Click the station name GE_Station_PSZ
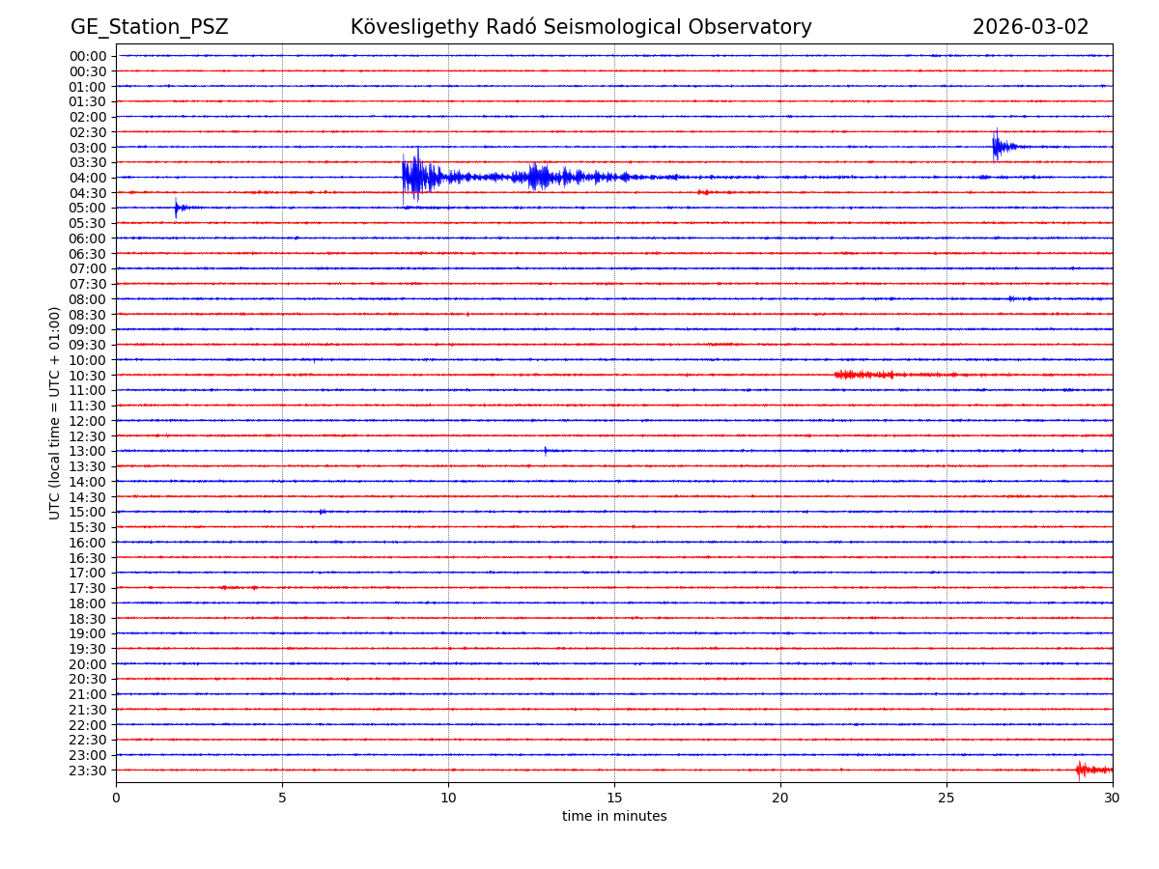point(149,27)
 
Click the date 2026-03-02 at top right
point(1030,27)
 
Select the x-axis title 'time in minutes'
point(614,817)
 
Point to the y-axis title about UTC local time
point(55,412)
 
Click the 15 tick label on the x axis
point(614,799)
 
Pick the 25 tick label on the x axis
point(947,799)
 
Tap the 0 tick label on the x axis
point(116,799)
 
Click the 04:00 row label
point(88,178)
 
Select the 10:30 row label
point(88,376)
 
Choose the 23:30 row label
point(88,771)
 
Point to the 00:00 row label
point(88,56)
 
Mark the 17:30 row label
point(88,588)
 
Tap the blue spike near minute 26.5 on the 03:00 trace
point(996,146)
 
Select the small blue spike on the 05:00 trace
point(176,208)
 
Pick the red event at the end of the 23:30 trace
point(1082,770)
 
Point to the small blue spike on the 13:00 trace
point(545,451)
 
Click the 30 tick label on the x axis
point(1113,799)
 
